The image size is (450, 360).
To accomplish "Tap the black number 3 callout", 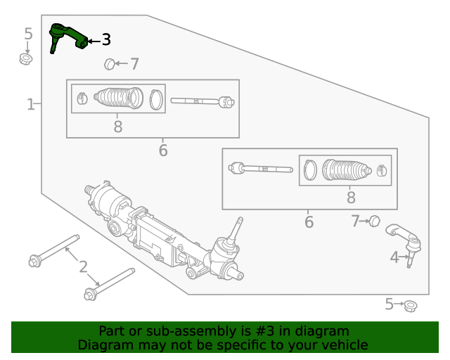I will (105, 40).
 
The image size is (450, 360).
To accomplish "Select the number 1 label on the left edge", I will (30, 105).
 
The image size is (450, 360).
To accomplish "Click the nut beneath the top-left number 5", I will (26, 58).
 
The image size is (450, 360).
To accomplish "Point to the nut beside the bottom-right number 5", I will (411, 306).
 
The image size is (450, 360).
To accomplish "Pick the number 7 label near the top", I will (134, 65).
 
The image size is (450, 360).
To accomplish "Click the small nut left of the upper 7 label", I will (110, 65).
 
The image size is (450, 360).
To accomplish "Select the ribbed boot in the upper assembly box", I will (117, 99).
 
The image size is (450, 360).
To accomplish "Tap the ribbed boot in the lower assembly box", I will (346, 169).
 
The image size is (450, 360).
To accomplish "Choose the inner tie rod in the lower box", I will (260, 169).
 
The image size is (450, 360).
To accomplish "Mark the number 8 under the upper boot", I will (117, 127).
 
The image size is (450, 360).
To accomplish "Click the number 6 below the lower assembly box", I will (309, 223).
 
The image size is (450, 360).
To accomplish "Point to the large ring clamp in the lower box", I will (310, 169).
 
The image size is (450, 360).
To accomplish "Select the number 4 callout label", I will (394, 258).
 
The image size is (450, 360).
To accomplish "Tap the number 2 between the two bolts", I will (83, 266).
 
